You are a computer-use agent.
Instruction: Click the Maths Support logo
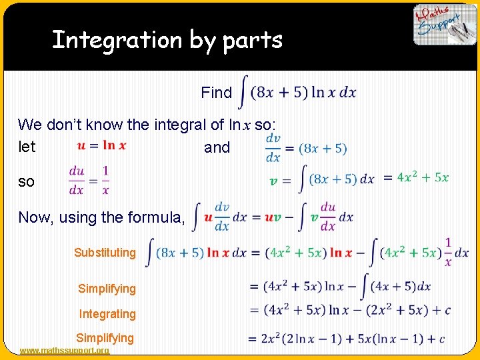pyautogui.click(x=445, y=25)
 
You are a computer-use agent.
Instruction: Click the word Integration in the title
pyautogui.click(x=115, y=40)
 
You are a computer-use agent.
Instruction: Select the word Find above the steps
pyautogui.click(x=217, y=93)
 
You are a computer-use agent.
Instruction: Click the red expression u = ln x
pyautogui.click(x=101, y=145)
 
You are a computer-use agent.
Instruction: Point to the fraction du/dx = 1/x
pyautogui.click(x=89, y=180)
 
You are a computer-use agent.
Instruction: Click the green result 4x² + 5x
pyautogui.click(x=423, y=178)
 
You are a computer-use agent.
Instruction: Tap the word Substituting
pyautogui.click(x=105, y=253)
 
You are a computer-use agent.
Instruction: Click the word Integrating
pyautogui.click(x=107, y=313)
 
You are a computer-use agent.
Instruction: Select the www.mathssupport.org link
pyautogui.click(x=65, y=351)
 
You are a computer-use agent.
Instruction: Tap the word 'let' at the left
pyautogui.click(x=27, y=147)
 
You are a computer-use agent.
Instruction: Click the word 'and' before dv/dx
pyautogui.click(x=217, y=147)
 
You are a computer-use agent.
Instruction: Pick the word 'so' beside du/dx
pyautogui.click(x=26, y=181)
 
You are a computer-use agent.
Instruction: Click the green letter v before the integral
pyautogui.click(x=273, y=180)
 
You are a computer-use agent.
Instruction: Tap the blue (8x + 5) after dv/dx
pyautogui.click(x=323, y=148)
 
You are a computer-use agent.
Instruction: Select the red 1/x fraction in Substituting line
pyautogui.click(x=447, y=253)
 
